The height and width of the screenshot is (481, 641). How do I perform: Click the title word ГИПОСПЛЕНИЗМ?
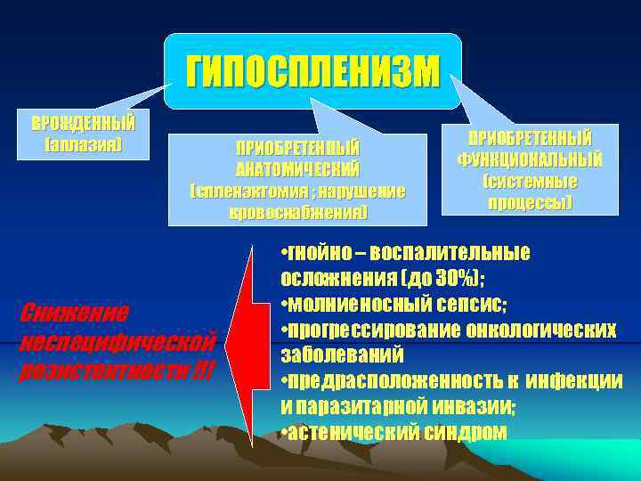coord(312,72)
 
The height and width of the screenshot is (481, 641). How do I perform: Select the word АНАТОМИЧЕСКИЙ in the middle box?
coord(297,168)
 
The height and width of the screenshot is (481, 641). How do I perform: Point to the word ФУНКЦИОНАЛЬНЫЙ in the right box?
coord(530,160)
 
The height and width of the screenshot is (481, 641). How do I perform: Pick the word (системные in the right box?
coord(530,181)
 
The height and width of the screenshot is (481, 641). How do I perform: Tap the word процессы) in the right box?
coord(530,202)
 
